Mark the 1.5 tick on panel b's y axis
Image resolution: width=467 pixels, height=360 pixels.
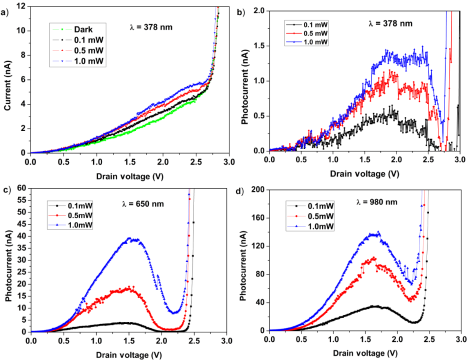pos(259,45)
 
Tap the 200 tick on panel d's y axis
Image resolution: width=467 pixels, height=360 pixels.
pos(258,189)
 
